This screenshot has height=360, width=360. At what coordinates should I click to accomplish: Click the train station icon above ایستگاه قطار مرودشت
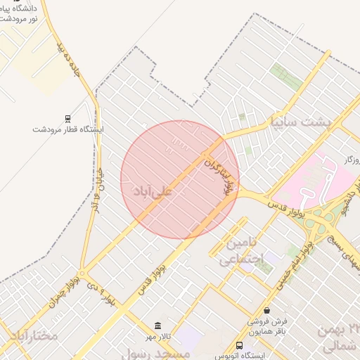[67, 118]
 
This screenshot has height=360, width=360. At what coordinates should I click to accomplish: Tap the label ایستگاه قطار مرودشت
[68, 129]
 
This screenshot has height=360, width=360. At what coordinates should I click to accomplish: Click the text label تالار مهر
[157, 337]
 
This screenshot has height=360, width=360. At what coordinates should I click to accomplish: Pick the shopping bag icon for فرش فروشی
[266, 310]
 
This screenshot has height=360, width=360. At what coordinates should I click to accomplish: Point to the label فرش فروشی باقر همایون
[267, 325]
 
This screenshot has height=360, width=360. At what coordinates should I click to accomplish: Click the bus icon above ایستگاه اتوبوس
[240, 345]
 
